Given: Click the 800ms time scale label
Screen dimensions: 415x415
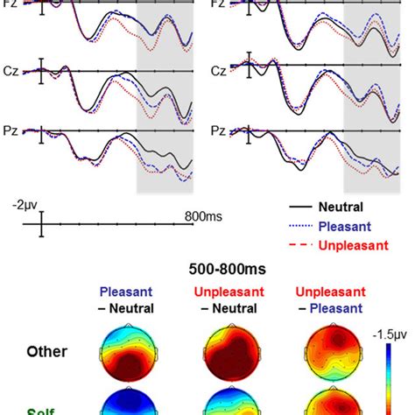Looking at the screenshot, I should tap(202, 215).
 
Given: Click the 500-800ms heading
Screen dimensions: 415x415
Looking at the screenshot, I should tap(208, 269).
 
